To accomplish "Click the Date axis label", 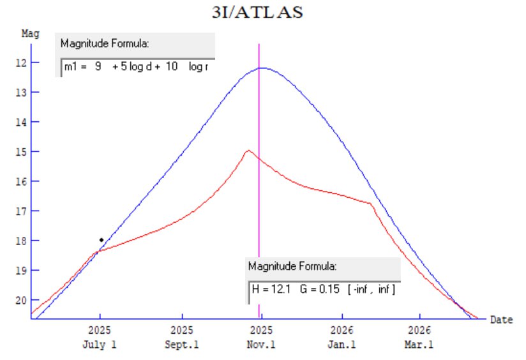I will click(501, 320).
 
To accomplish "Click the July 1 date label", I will click(100, 345).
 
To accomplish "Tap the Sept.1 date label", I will click(183, 345).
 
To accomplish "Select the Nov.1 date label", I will click(262, 345).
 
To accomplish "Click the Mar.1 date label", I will click(419, 345).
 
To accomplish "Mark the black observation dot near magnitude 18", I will click(101, 240).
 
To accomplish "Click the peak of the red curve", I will click(248, 151).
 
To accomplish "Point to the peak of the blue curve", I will click(262, 68).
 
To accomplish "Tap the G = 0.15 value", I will click(319, 290).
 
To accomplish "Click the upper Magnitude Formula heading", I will click(105, 44).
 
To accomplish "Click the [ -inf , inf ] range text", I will click(372, 290).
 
